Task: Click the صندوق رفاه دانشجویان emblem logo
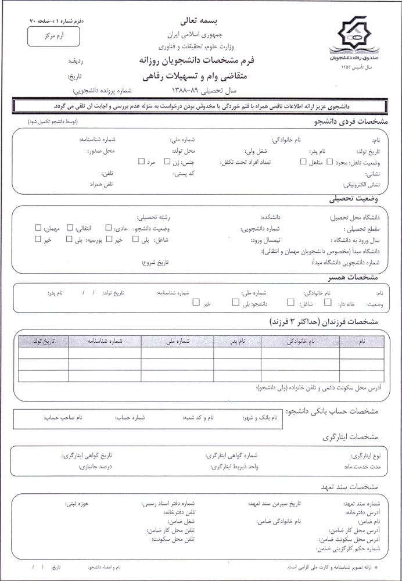pos(353,38)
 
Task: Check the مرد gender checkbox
pos(141,162)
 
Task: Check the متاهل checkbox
pos(302,162)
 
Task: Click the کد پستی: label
pos(184,174)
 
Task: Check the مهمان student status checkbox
pos(38,228)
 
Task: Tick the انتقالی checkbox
pos(70,228)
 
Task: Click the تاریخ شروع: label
pos(155,263)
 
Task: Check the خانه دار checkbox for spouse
pos(328,302)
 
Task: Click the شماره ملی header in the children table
pos(177,341)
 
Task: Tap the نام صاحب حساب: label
pos(64,417)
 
